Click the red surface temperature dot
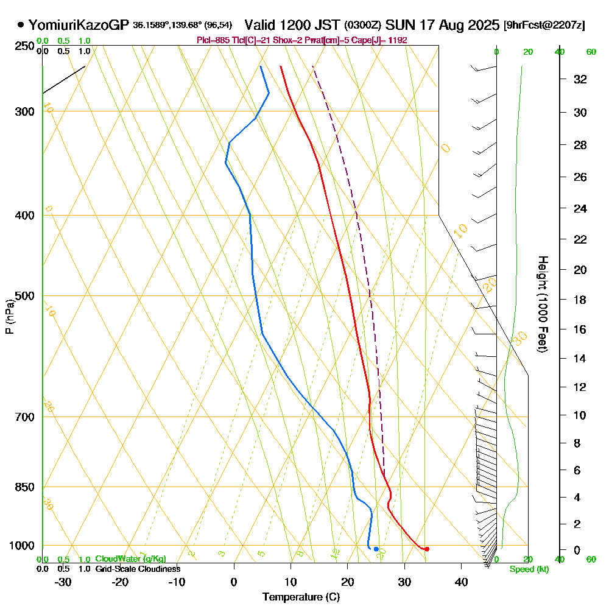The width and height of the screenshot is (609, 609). pyautogui.click(x=426, y=549)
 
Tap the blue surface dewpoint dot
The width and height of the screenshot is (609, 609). pyautogui.click(x=376, y=549)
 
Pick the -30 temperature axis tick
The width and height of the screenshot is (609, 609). pyautogui.click(x=63, y=582)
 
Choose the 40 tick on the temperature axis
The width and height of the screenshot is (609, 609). pyautogui.click(x=461, y=582)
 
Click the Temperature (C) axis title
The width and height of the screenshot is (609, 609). pyautogui.click(x=301, y=597)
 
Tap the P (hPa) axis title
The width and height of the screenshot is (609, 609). pyautogui.click(x=9, y=317)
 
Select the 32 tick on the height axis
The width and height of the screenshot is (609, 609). pyautogui.click(x=580, y=79)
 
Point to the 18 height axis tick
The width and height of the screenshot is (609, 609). pyautogui.click(x=580, y=300)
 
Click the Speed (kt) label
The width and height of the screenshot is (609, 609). pyautogui.click(x=529, y=569)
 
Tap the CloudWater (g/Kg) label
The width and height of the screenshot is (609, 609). pyautogui.click(x=130, y=559)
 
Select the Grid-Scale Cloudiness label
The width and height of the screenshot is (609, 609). pyautogui.click(x=137, y=569)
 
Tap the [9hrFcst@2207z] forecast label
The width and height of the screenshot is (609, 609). pyautogui.click(x=544, y=25)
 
